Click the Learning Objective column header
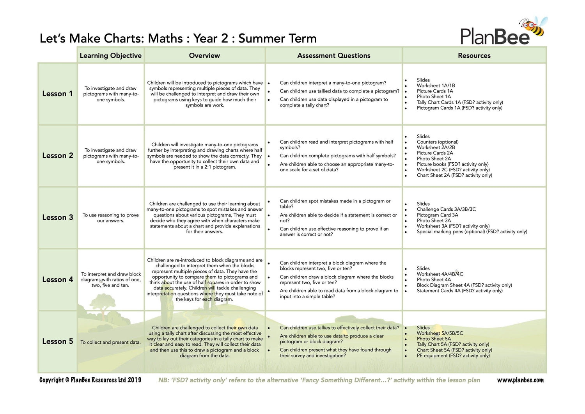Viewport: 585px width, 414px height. click(110, 55)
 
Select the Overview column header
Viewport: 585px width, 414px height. click(204, 55)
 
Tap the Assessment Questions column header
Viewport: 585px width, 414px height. click(333, 55)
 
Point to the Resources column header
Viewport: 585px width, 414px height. click(474, 55)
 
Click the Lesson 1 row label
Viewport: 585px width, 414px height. click(57, 94)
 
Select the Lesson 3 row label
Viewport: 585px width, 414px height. click(57, 217)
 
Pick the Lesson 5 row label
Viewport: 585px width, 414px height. click(57, 341)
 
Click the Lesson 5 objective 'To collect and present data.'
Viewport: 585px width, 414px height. click(110, 342)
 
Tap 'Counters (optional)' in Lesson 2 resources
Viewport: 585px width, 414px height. click(437, 142)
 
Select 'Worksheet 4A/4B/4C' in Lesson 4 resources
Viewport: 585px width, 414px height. click(440, 274)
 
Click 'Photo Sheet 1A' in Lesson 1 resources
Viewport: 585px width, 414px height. click(434, 97)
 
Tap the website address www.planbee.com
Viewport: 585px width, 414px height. click(520, 380)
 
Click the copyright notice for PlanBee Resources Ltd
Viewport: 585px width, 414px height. click(90, 380)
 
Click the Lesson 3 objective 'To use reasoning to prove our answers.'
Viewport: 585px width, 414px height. click(110, 218)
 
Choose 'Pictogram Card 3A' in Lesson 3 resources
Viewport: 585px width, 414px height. click(437, 215)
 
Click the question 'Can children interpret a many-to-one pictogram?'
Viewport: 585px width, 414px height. click(333, 83)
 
